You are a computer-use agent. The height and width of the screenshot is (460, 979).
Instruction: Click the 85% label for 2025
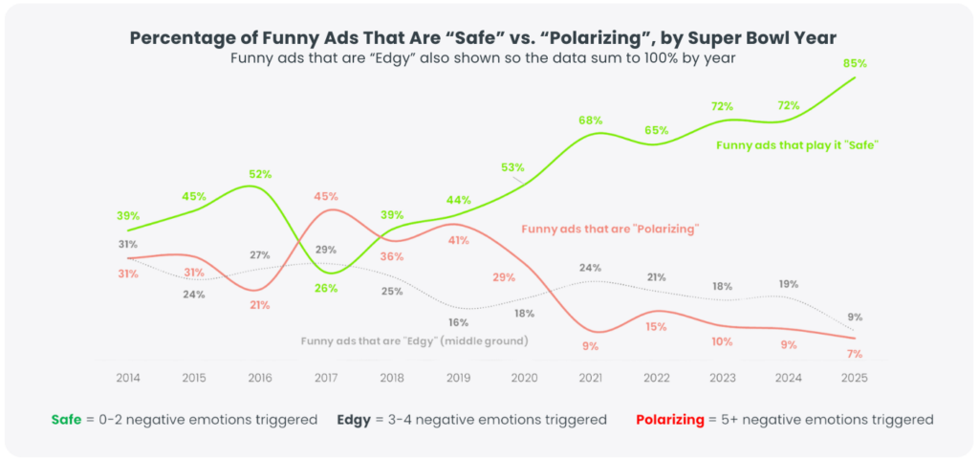click(x=855, y=64)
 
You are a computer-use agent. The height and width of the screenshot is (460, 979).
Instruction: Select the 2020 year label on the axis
click(x=525, y=378)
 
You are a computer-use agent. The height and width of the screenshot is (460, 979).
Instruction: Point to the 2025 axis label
click(x=854, y=378)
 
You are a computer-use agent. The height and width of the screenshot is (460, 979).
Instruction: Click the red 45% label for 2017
click(x=326, y=197)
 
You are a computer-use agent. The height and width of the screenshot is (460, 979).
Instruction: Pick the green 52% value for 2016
click(x=260, y=174)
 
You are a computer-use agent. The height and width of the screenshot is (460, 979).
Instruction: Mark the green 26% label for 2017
click(x=326, y=288)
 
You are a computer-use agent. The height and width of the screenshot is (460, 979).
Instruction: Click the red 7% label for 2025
click(x=854, y=354)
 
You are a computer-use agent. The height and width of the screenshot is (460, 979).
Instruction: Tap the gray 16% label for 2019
click(x=458, y=322)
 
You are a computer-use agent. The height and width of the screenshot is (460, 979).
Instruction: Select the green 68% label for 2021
click(x=590, y=120)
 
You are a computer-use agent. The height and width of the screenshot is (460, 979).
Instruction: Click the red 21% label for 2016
click(x=260, y=305)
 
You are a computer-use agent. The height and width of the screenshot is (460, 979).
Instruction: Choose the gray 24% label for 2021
click(x=590, y=268)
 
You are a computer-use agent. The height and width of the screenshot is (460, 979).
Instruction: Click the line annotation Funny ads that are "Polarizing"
click(x=611, y=230)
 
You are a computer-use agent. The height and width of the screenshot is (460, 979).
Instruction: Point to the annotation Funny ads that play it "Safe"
click(x=796, y=145)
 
